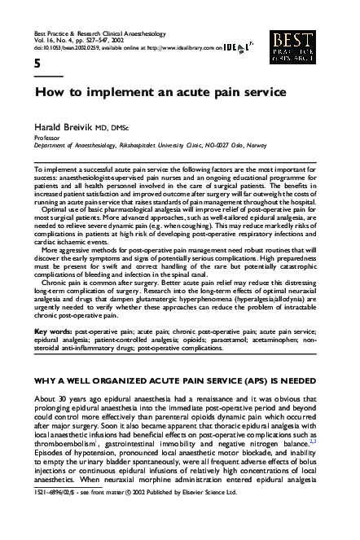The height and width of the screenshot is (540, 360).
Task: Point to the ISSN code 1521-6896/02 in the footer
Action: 54,530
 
